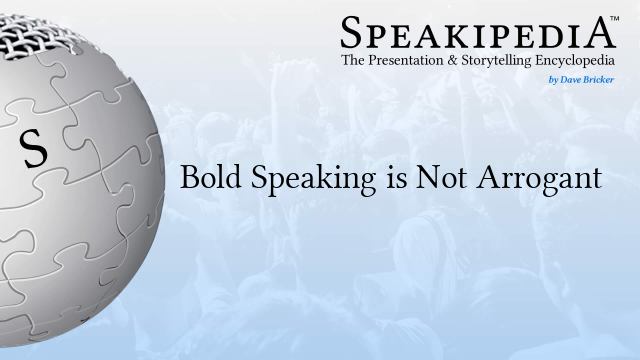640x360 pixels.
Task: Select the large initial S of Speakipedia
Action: coord(351,33)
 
